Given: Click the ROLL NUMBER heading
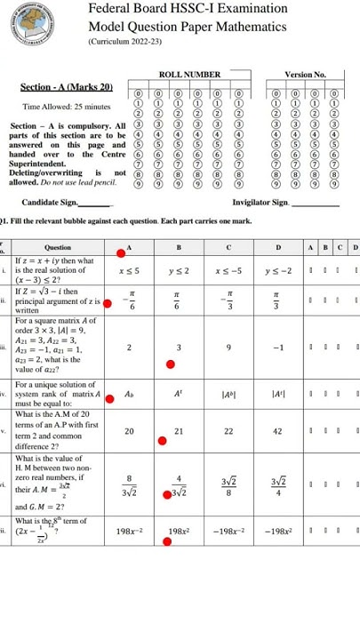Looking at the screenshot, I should point(189,75).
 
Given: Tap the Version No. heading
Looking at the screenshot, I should point(305,75).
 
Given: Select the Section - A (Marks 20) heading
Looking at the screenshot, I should point(67,87).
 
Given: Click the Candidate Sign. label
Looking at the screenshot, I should point(59,204).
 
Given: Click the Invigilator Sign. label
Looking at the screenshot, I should point(260,204).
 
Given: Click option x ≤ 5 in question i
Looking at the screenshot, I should point(129,268).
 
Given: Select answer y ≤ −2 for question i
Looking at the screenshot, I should point(279,268).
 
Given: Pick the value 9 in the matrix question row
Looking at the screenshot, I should point(229,348).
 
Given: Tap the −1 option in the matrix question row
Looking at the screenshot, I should point(279,348).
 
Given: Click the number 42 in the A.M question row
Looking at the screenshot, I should point(279,430).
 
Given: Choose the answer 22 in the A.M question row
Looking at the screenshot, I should point(229,430).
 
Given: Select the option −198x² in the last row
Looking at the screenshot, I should point(279,531).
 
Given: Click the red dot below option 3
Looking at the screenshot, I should point(171,364).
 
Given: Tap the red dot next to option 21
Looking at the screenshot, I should point(162,439).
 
